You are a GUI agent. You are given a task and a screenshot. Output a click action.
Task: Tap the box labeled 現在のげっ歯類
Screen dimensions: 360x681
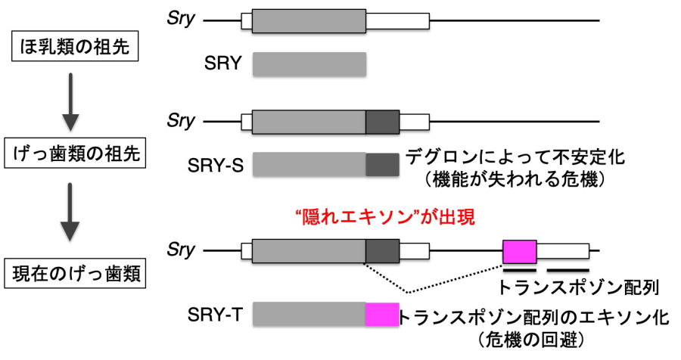(x=75, y=273)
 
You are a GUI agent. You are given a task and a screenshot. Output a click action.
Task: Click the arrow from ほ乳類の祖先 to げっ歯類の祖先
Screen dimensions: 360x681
(x=70, y=101)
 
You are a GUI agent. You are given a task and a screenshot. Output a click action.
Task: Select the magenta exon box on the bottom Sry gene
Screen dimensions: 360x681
(x=520, y=251)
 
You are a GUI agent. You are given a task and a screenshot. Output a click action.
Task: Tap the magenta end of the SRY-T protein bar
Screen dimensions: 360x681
(x=382, y=315)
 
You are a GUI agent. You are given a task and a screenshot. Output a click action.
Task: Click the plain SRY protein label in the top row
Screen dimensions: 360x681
(x=223, y=64)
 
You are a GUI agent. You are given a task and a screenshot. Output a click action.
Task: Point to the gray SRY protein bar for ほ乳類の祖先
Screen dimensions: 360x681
(x=309, y=64)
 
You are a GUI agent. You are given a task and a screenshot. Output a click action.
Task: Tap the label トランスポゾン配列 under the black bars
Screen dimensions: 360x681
(x=580, y=287)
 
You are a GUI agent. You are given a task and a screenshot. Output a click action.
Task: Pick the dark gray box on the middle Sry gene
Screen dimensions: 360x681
(x=382, y=121)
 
